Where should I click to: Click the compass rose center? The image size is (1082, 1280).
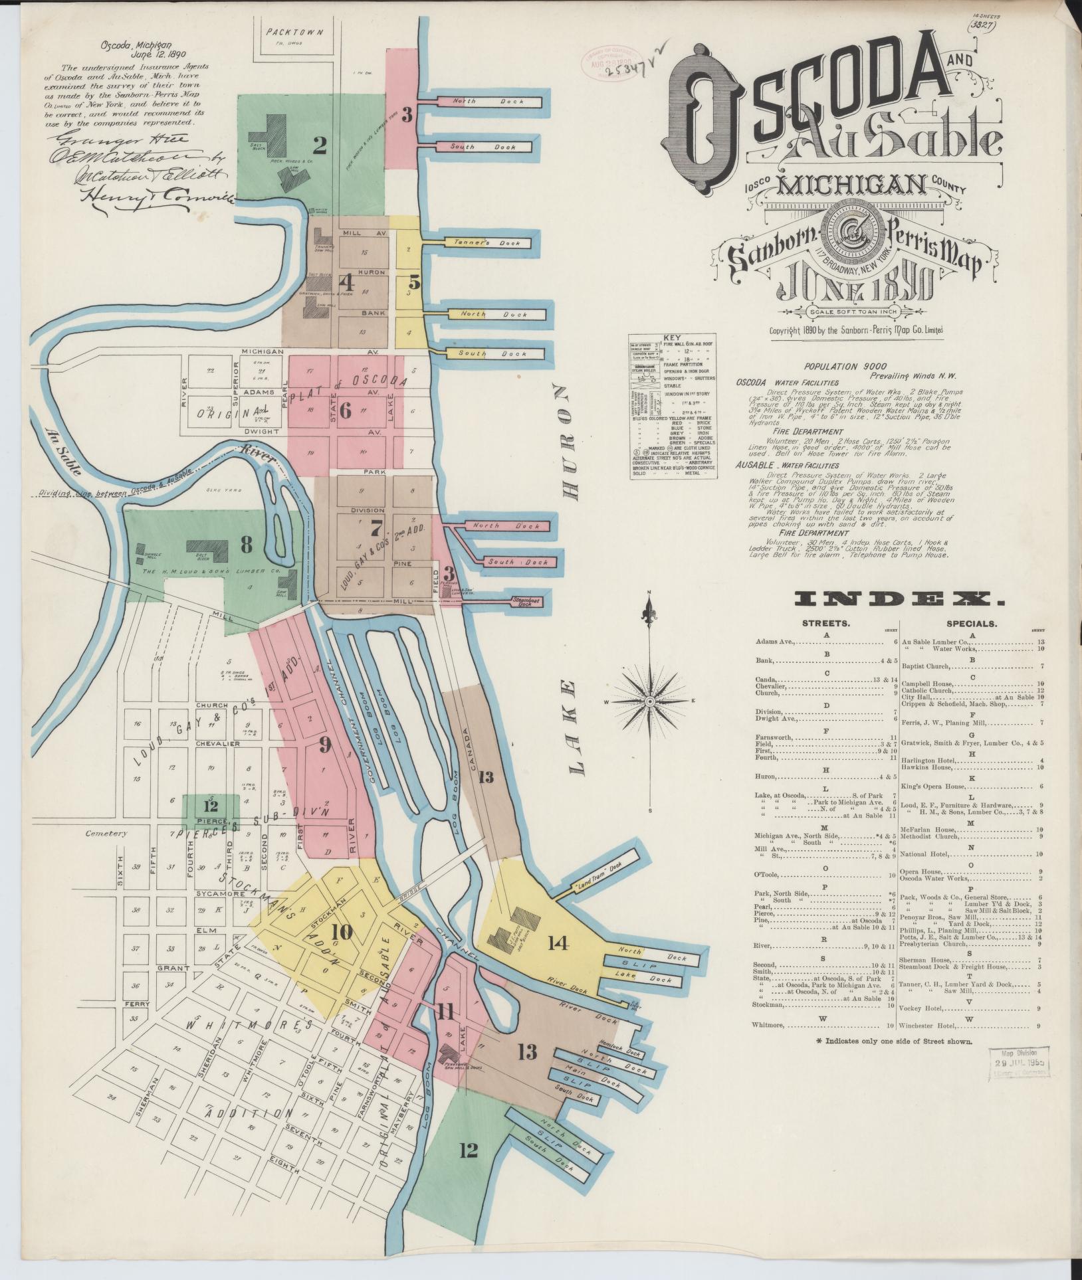click(651, 701)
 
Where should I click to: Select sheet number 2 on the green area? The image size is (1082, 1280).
click(320, 144)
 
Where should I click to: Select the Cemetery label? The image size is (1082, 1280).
click(106, 834)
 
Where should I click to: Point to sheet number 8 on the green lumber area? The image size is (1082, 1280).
click(247, 546)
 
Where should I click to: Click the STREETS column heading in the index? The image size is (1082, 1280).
click(825, 624)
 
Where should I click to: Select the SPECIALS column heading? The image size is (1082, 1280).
click(972, 624)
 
